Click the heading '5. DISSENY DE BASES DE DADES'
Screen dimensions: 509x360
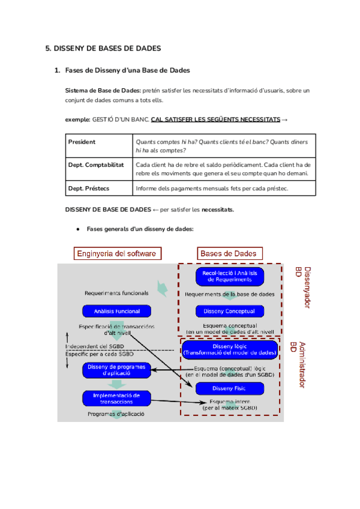tap(103, 49)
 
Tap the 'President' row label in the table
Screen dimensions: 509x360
tap(82, 142)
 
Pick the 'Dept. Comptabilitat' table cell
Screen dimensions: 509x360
tap(96, 164)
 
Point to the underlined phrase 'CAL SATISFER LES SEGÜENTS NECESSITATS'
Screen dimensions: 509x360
tap(215, 119)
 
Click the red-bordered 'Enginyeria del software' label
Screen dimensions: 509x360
tap(116, 253)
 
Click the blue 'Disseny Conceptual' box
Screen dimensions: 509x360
tap(229, 311)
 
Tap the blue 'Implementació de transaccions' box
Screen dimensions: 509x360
tap(116, 398)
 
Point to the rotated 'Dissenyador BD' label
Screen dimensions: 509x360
tap(302, 288)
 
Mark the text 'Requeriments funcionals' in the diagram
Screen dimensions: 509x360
tap(116, 294)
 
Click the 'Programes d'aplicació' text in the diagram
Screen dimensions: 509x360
tap(116, 414)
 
